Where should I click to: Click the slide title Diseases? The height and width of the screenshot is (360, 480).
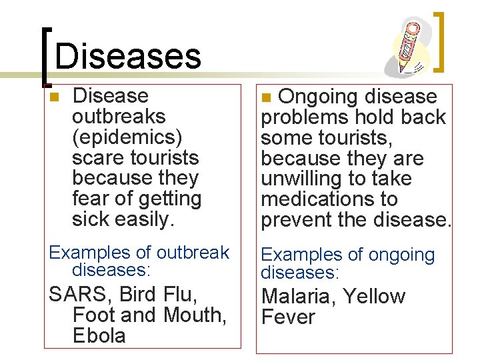tap(127, 56)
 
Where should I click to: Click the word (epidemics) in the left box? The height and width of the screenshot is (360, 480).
tap(127, 137)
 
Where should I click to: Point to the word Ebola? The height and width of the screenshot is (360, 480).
tap(99, 335)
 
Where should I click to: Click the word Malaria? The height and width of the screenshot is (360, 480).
tap(298, 296)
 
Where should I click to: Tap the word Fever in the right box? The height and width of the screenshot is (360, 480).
tap(288, 317)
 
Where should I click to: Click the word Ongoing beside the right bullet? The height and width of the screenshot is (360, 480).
tap(318, 97)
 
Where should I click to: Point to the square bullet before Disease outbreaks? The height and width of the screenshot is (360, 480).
tap(54, 97)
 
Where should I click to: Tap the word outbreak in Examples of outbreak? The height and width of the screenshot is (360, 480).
tap(192, 253)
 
